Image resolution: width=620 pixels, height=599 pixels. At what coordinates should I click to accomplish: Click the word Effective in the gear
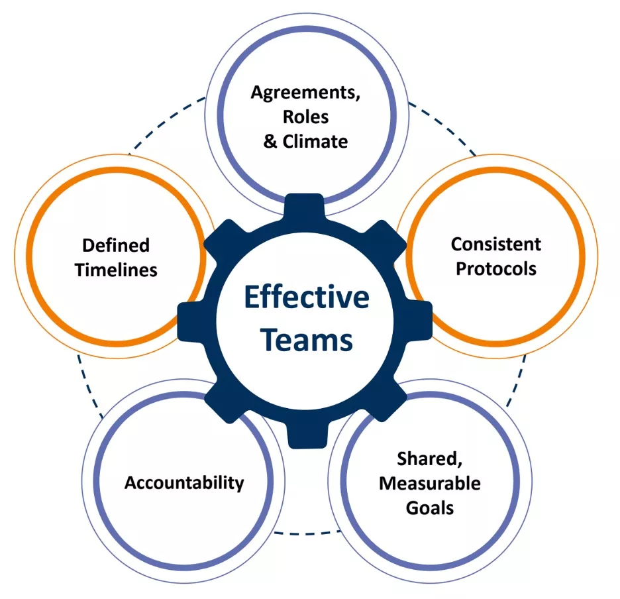307,297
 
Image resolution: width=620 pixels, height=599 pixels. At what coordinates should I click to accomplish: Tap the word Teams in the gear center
306,341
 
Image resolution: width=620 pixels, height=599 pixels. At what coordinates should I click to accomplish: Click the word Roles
305,117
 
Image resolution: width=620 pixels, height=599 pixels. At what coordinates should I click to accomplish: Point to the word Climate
315,142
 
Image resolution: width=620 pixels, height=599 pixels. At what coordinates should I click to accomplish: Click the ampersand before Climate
270,142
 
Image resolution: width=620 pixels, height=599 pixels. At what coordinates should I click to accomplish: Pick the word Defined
116,245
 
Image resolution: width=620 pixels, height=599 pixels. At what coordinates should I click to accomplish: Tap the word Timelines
117,270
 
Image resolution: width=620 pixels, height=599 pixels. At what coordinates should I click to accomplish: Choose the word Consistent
496,244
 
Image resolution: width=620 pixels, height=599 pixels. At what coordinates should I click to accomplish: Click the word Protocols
496,268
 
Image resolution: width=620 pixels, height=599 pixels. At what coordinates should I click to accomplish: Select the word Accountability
184,483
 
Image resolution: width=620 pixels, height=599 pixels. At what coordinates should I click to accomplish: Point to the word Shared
430,459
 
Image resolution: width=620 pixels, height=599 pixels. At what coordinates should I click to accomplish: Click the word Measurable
430,484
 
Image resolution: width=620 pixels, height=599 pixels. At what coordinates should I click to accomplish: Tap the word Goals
430,508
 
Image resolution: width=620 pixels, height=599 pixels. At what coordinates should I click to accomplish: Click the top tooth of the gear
304,205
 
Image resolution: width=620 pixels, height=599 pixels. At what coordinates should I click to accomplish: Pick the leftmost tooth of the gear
189,321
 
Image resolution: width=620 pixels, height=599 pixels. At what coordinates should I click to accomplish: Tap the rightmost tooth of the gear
421,320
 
